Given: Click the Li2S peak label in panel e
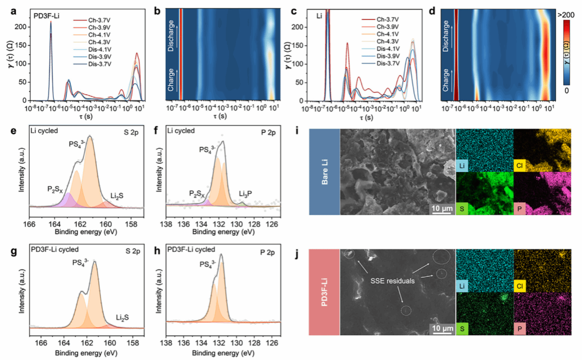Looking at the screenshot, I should coord(115,196).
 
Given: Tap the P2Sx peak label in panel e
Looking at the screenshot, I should coord(56,189).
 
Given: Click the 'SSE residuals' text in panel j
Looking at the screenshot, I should coord(392,280).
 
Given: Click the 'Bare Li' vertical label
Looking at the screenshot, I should coord(324,172).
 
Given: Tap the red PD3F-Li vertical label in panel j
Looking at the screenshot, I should coord(324,292).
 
